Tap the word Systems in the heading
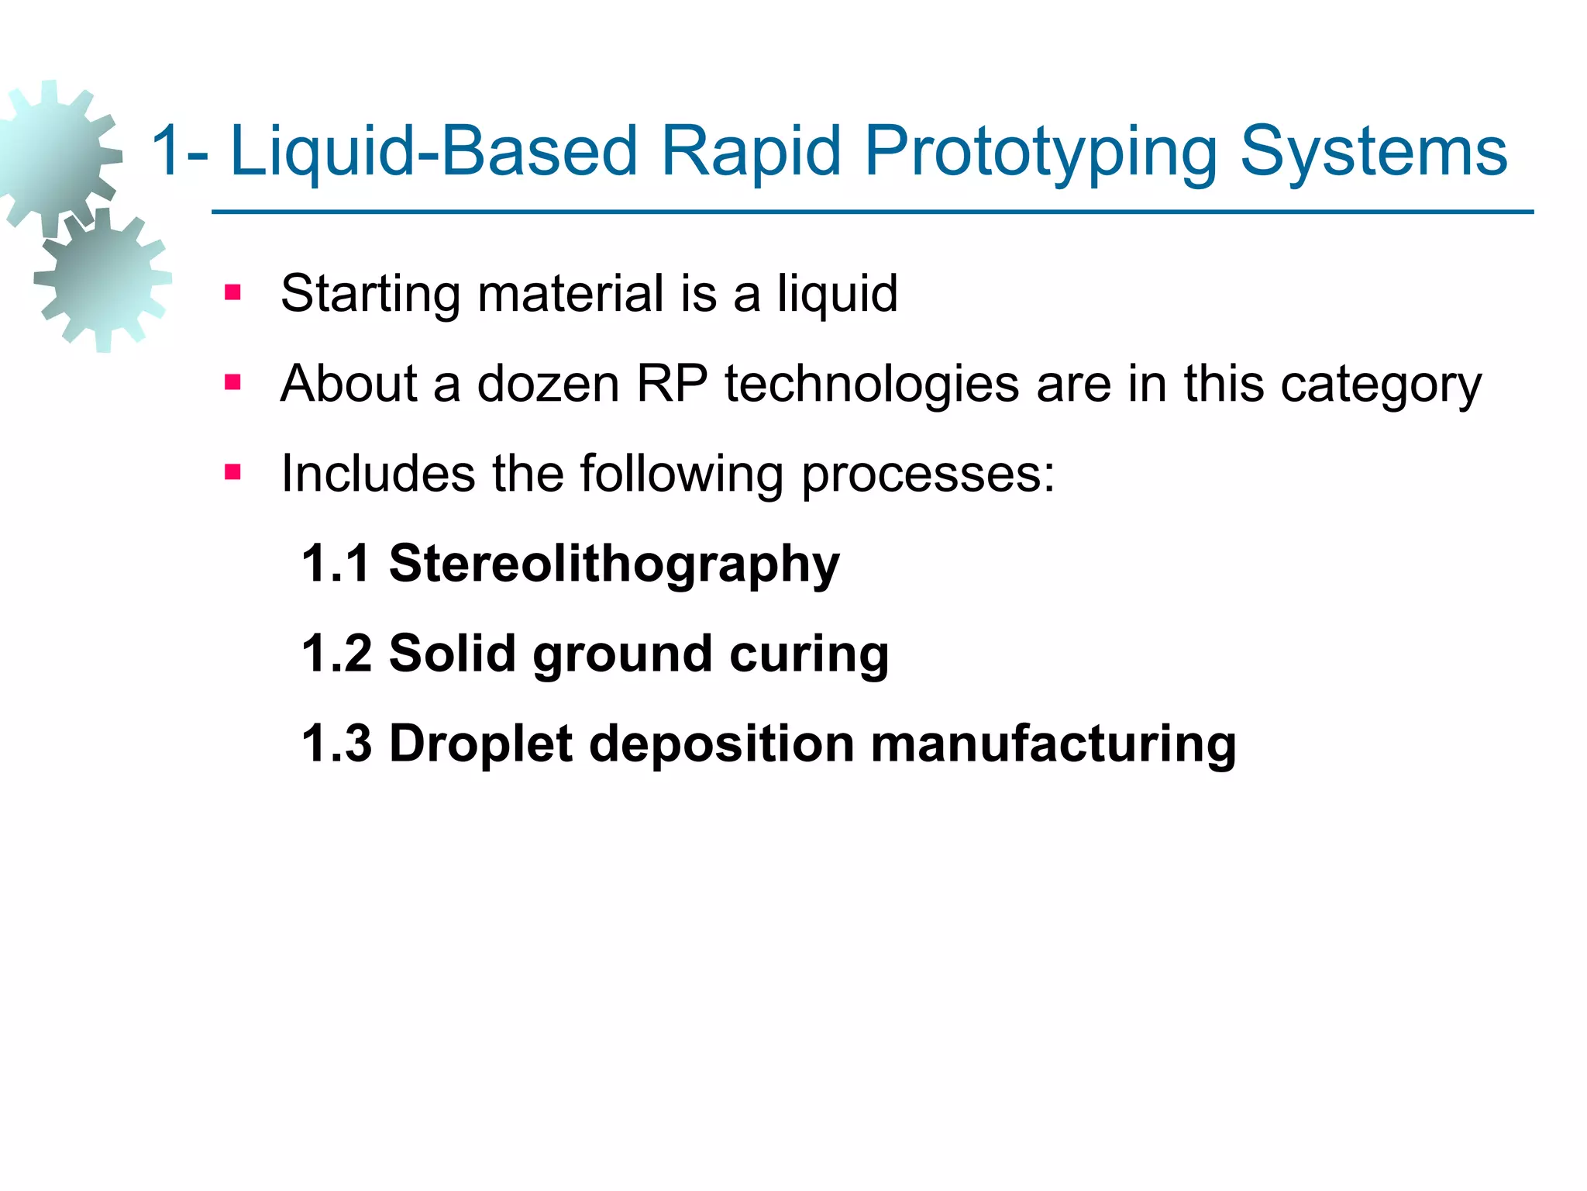point(1373,152)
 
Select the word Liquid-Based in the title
point(434,152)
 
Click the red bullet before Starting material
point(232,293)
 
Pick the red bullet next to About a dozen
point(232,382)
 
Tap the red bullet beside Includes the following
point(232,472)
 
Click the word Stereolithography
point(614,564)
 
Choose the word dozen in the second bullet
point(548,383)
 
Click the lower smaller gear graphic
point(103,279)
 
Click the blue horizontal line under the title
point(872,212)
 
